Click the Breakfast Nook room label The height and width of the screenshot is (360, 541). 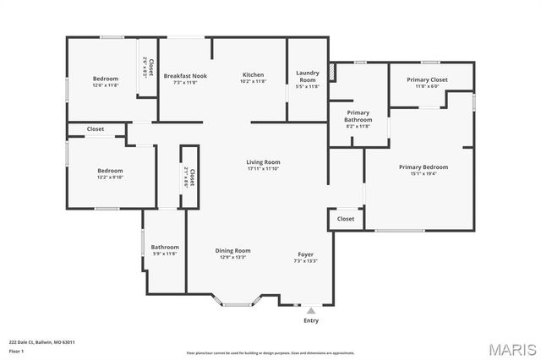point(185,75)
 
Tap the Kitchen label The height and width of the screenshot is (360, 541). point(254,74)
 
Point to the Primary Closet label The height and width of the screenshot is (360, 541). point(431,79)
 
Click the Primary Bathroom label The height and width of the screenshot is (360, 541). point(358,116)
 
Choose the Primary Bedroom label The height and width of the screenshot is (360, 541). point(424,166)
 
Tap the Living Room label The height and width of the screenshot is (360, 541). point(263,161)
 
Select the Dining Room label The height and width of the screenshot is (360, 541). point(232,250)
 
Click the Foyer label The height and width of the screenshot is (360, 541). point(305,254)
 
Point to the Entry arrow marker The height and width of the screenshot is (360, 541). point(311,311)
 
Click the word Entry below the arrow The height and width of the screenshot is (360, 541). point(311,321)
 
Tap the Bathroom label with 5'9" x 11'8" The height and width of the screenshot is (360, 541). point(165,247)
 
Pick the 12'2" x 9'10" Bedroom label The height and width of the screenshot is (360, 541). point(110,171)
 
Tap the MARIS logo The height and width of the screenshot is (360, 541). point(510,348)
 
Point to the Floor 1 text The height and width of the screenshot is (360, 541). point(16,351)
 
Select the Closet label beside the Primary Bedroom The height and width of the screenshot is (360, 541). point(346,219)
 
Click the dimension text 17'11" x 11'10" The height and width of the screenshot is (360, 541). point(263,169)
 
